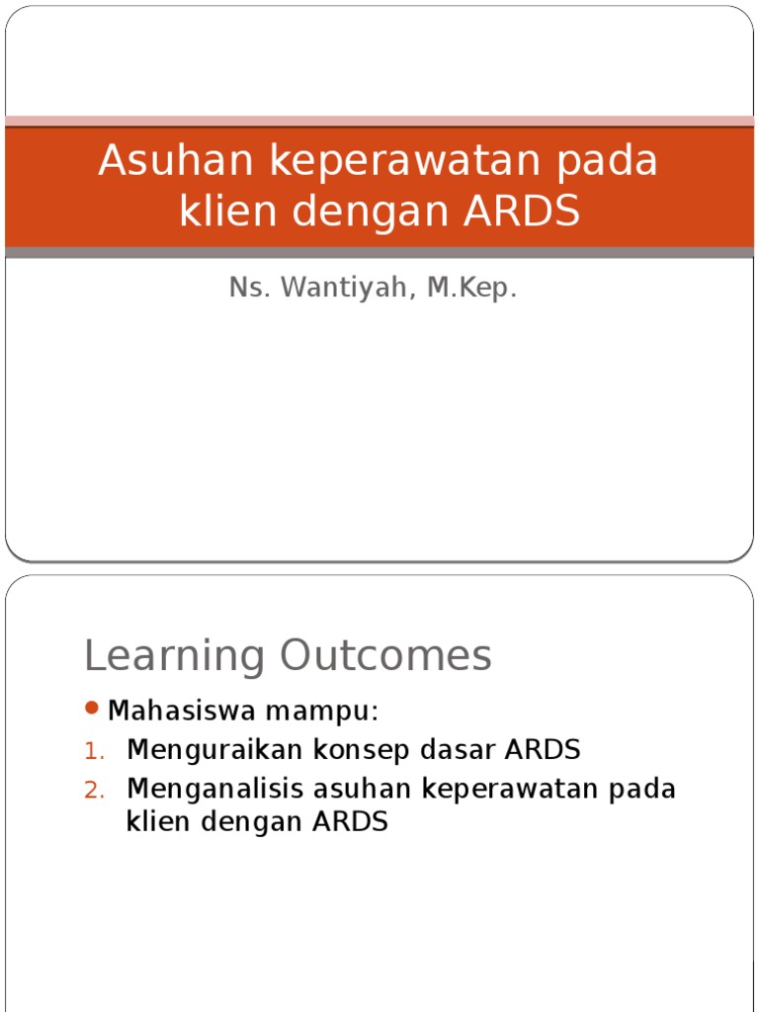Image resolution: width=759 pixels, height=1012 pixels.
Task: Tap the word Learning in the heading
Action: point(174,656)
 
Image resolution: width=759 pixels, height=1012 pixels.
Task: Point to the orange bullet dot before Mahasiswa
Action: point(92,708)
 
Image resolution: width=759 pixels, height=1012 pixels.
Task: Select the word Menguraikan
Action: point(216,750)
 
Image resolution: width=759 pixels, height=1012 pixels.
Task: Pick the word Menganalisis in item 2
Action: point(215,789)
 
